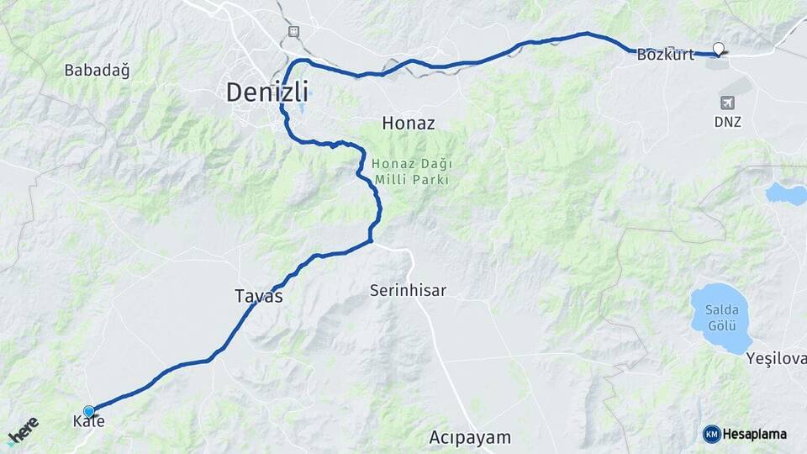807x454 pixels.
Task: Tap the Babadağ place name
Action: pos(98,71)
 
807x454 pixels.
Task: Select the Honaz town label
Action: pos(409,123)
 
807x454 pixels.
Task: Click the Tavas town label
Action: pos(258,297)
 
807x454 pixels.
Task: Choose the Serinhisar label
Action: pos(408,291)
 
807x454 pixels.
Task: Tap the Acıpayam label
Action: pos(470,437)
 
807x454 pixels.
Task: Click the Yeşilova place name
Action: pos(775,359)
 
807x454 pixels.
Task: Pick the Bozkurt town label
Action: pos(666,55)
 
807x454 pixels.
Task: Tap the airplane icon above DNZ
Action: pos(727,103)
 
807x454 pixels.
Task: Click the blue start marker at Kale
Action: pos(89,411)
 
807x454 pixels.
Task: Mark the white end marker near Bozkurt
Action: pos(718,49)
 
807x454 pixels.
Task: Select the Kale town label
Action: pos(88,421)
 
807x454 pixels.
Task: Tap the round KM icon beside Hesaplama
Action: pos(711,434)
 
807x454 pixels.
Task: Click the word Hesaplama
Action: pos(754,434)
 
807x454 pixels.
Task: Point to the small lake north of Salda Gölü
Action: pos(785,194)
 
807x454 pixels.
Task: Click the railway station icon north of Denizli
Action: pos(293,31)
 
